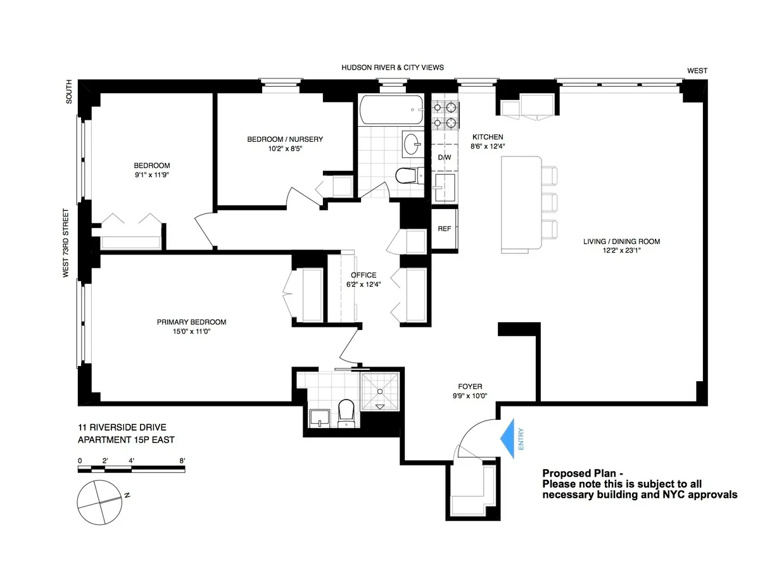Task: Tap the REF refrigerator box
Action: click(x=445, y=229)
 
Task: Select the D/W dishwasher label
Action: click(x=444, y=157)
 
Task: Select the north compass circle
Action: click(x=99, y=501)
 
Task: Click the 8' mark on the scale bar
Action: click(x=182, y=460)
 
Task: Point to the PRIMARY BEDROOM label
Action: click(x=191, y=322)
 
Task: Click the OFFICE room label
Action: click(x=364, y=275)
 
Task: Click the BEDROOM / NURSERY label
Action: click(x=285, y=139)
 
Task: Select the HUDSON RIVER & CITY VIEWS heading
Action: click(x=393, y=68)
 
